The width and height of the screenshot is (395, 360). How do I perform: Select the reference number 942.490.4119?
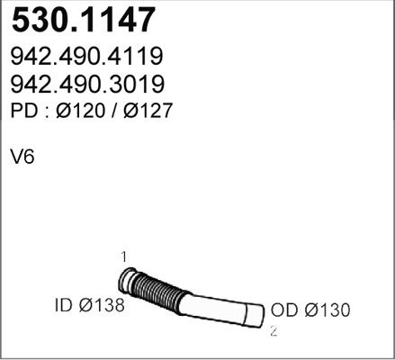(86, 58)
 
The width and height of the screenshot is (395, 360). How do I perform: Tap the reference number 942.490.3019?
(86, 85)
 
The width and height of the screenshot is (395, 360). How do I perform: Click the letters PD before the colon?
(22, 112)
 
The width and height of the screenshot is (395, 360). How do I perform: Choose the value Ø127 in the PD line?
(142, 112)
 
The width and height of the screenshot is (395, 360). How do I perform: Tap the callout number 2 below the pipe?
(273, 331)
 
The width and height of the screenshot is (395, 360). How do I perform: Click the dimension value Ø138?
(99, 307)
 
